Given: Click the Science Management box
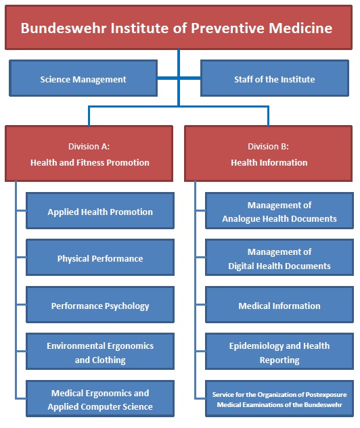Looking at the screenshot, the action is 83,78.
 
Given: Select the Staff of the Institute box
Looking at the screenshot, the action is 275,78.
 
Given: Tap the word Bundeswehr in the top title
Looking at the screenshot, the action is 64,28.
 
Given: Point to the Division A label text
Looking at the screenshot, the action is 89,147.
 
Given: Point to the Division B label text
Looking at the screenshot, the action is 268,147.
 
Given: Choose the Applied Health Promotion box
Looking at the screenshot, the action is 100,211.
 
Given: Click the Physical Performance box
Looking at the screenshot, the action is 100,258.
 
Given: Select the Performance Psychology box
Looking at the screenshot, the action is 100,305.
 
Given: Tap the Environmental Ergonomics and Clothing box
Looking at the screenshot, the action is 100,352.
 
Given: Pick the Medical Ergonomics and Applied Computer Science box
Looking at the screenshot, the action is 100,398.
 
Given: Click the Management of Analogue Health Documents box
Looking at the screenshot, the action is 279,211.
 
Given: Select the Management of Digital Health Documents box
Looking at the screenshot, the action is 279,258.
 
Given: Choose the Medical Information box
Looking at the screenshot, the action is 279,305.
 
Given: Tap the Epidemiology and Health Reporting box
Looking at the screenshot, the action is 279,352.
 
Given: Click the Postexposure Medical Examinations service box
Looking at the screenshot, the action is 279,398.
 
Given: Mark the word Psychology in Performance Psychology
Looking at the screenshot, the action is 127,306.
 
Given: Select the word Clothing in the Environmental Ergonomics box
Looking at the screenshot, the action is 109,360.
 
